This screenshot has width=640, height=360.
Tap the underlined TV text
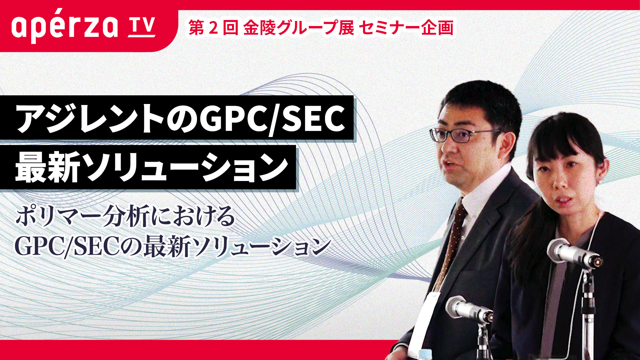(x=141, y=27)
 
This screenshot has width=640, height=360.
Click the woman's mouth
(x=563, y=199)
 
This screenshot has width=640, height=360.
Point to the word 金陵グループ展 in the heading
(x=299, y=27)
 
